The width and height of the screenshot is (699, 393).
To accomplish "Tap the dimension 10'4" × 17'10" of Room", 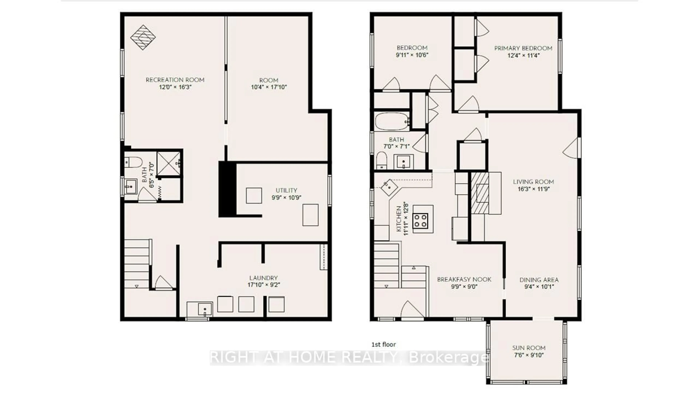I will (x=269, y=87).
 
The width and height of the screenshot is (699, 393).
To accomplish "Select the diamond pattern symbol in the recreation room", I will (x=143, y=37).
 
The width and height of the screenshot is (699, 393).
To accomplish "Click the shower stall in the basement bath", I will (x=168, y=164).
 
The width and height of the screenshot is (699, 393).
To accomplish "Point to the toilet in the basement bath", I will (x=133, y=162).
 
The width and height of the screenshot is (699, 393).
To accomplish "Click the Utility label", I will (x=286, y=190).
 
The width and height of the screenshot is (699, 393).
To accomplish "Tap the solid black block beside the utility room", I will (x=227, y=189).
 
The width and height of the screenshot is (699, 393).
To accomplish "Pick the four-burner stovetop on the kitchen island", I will (x=420, y=221).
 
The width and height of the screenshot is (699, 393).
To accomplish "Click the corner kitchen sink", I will (x=389, y=187).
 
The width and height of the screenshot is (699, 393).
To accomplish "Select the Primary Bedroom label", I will (x=523, y=48).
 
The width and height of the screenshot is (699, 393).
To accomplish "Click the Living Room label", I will (x=533, y=182).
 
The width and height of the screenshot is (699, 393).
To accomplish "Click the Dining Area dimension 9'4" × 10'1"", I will (x=539, y=287).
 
